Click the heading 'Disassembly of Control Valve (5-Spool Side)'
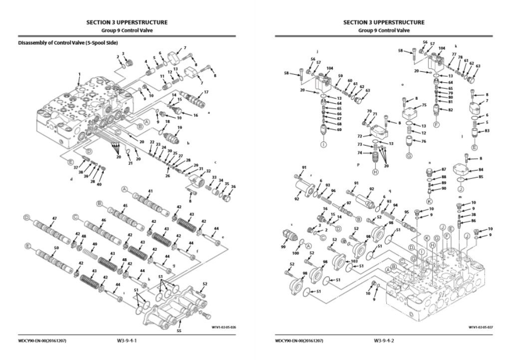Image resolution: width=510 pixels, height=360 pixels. pos(68,43)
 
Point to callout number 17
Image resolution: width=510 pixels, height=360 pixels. pos(206,92)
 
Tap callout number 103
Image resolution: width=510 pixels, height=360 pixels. pos(354,261)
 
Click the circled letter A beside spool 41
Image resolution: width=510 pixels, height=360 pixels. pos(124,189)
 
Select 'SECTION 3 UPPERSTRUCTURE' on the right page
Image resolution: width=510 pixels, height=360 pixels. pos(384,22)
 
